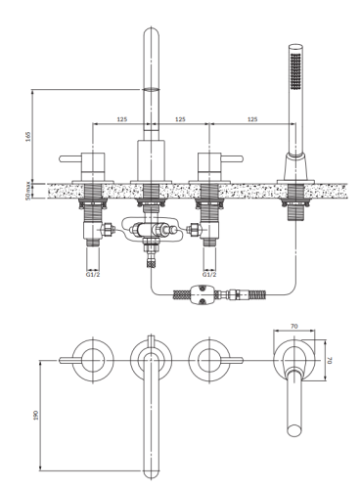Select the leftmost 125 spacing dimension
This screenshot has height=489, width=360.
pyautogui.click(x=121, y=118)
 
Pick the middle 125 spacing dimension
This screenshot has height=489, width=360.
pyautogui.click(x=181, y=118)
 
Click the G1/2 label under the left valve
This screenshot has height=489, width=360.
pyautogui.click(x=93, y=275)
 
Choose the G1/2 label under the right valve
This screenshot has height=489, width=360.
pyautogui.click(x=209, y=275)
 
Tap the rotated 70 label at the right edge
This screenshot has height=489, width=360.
pyautogui.click(x=331, y=360)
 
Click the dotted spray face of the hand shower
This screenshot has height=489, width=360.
pyautogui.click(x=292, y=72)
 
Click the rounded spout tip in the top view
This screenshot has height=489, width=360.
pyautogui.click(x=152, y=472)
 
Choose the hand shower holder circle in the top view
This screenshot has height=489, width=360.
pyautogui.click(x=294, y=359)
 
